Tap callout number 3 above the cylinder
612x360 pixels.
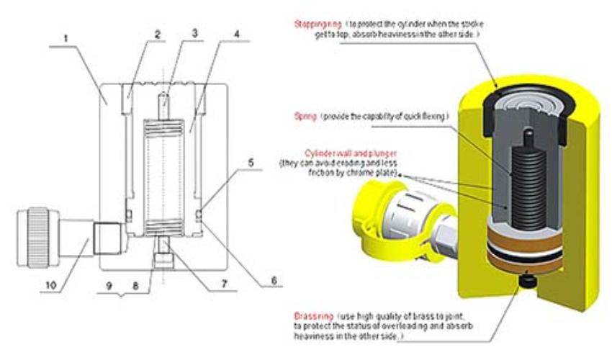pos(194,33)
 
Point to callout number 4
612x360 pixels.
pos(232,33)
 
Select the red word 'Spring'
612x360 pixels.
pos(305,115)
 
